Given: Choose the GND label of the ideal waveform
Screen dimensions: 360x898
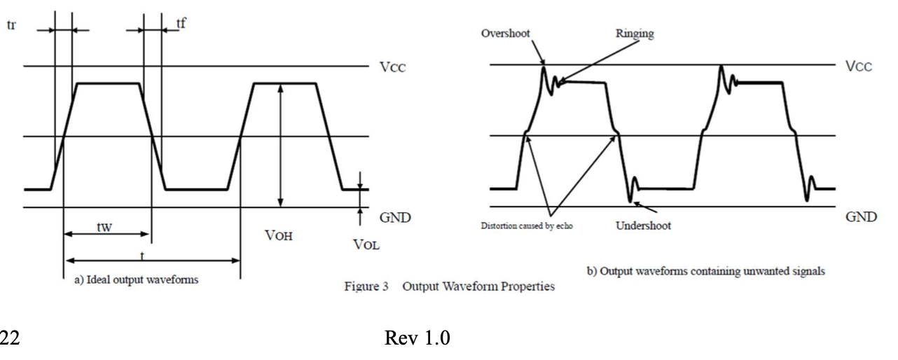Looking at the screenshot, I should pyautogui.click(x=394, y=219).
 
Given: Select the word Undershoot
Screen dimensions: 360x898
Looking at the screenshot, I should pyautogui.click(x=644, y=226).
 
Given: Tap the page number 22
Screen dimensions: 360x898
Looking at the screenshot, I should pyautogui.click(x=9, y=339).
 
